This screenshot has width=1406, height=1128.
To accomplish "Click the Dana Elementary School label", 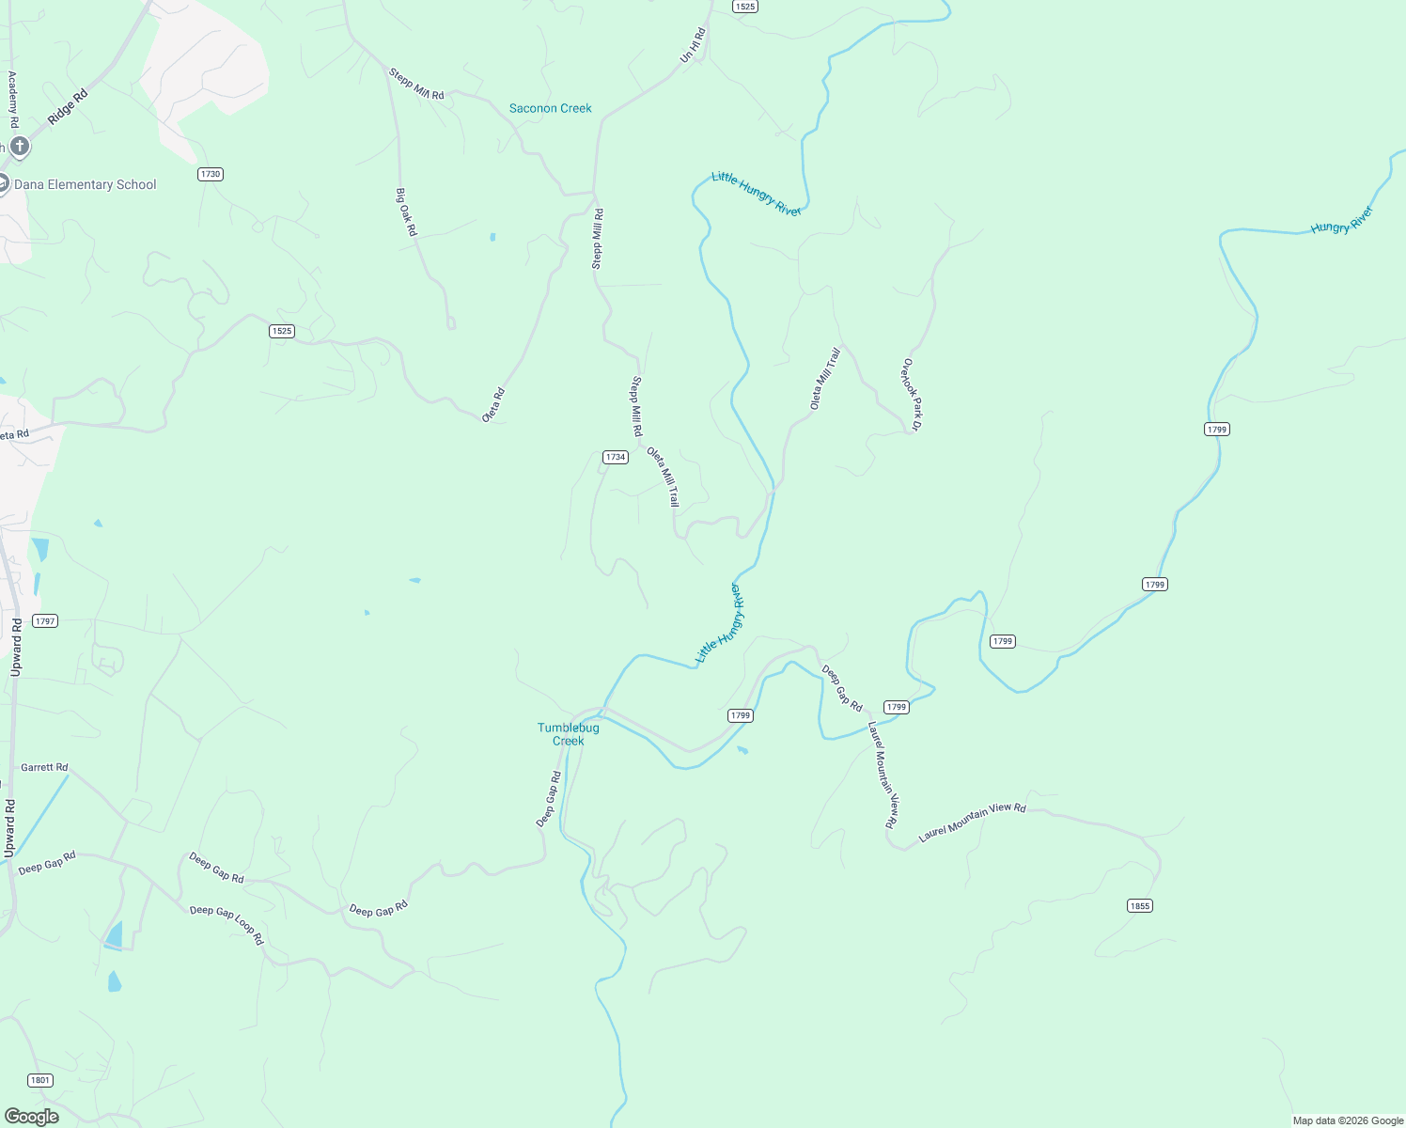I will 86,185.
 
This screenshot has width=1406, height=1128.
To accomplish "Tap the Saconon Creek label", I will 550,108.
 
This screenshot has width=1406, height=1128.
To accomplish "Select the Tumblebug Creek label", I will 568,734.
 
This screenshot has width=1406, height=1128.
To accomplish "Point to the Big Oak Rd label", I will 406,211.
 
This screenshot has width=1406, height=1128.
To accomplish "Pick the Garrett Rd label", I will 44,768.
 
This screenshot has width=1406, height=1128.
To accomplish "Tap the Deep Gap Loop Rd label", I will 227,924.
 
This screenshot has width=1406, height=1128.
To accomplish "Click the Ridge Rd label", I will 68,107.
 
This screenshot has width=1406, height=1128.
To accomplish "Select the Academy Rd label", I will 13,100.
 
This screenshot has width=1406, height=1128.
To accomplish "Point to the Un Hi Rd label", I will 693,46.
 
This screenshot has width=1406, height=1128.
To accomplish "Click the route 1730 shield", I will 210,174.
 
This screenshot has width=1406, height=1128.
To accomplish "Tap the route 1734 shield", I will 615,457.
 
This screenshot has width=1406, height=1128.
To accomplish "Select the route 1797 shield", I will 44,620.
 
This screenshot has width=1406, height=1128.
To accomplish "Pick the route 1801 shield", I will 39,1080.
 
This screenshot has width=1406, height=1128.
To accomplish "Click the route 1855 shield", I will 1139,905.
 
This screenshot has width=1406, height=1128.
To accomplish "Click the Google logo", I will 31,1117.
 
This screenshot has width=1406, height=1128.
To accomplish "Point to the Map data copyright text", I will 1348,1120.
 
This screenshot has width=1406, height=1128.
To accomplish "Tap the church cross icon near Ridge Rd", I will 19,147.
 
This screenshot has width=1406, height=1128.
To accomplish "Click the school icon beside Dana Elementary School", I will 3,183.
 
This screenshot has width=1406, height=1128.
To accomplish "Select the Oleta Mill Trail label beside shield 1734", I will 663,477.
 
